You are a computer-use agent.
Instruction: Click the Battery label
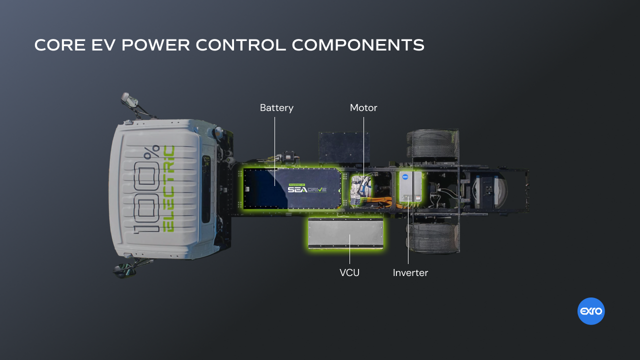click(x=276, y=108)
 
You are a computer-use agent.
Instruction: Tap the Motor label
click(x=363, y=108)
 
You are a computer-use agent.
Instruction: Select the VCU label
click(x=349, y=272)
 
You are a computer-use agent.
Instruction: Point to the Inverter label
click(x=410, y=272)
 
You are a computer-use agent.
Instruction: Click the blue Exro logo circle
click(x=591, y=311)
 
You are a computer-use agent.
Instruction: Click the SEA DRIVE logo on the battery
click(x=307, y=189)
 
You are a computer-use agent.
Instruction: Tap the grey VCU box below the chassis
click(x=346, y=233)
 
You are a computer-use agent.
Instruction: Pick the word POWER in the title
click(x=155, y=45)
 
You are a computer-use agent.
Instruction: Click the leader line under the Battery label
click(x=275, y=150)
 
